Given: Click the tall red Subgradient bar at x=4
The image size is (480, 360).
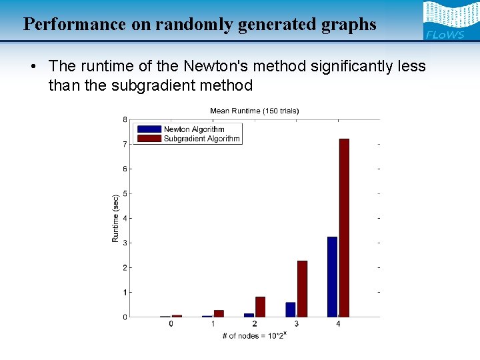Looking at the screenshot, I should pyautogui.click(x=344, y=227).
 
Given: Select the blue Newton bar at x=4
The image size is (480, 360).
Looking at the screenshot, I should pyautogui.click(x=332, y=277).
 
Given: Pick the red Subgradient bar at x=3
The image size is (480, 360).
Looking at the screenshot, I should pyautogui.click(x=302, y=289).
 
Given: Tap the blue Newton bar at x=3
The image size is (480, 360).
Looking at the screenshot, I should pyautogui.click(x=291, y=309).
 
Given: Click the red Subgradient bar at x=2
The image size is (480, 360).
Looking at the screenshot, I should pyautogui.click(x=260, y=307).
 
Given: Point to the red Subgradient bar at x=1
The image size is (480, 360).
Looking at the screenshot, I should pyautogui.click(x=219, y=313).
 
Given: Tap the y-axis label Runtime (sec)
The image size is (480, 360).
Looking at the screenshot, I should pyautogui.click(x=115, y=218).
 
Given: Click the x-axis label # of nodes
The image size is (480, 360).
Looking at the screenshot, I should pyautogui.click(x=254, y=335).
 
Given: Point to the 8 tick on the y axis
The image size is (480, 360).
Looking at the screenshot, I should pyautogui.click(x=125, y=120).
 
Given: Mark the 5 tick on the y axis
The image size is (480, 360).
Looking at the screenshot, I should pyautogui.click(x=125, y=194).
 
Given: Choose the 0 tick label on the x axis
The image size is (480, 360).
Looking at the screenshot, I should pyautogui.click(x=171, y=324).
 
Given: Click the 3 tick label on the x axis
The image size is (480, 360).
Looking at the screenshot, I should pyautogui.click(x=296, y=324).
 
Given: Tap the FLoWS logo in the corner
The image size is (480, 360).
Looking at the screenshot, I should pyautogui.click(x=445, y=21).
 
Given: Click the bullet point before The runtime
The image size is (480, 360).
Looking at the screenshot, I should pyautogui.click(x=32, y=66).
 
